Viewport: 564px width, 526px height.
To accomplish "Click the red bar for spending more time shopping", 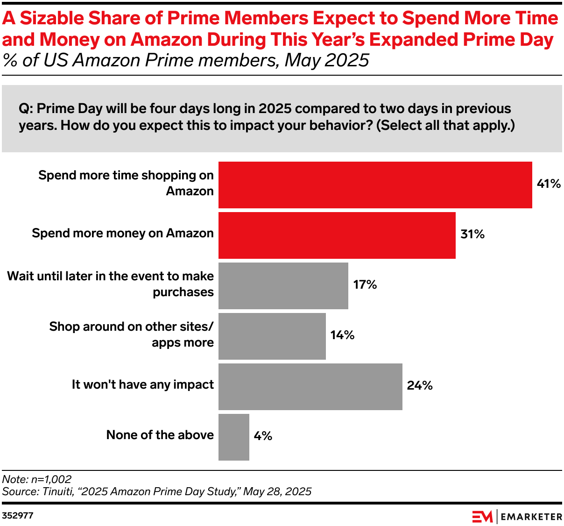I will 375,185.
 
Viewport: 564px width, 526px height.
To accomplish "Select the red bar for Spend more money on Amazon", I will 337,235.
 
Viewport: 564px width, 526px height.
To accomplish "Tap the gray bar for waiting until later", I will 283,286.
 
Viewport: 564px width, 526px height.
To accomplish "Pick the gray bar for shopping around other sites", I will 272,336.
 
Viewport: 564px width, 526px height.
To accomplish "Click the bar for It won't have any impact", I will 310,387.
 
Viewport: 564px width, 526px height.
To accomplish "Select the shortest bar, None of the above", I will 233,437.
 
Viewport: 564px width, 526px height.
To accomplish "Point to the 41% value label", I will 549,184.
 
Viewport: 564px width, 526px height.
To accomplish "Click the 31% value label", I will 472,234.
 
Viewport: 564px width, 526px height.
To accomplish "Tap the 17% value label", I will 365,284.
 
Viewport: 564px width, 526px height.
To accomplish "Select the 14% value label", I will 342,335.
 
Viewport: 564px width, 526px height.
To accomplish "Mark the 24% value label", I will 420,385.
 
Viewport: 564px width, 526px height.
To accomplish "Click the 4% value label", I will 263,436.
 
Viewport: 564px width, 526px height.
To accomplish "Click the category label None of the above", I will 160,435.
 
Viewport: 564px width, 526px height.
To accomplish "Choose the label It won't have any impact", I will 142,384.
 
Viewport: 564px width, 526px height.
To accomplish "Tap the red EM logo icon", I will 482,516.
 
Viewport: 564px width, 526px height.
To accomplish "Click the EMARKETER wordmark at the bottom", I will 531,517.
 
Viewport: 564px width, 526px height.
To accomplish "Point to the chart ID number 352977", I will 18,516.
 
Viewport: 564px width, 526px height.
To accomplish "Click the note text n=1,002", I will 51,479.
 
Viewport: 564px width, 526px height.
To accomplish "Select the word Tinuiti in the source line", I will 57,491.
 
